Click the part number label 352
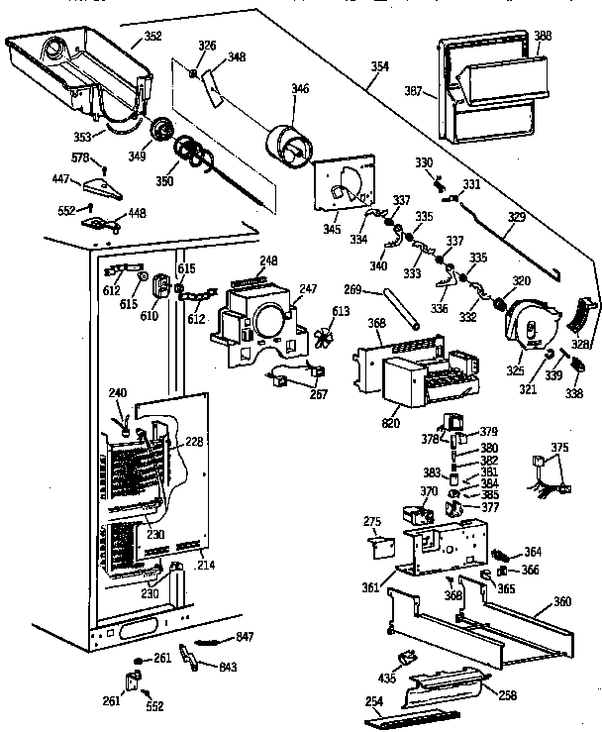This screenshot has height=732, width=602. pyautogui.click(x=153, y=38)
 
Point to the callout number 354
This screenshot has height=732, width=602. pyautogui.click(x=380, y=66)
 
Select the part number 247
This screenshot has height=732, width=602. pyautogui.click(x=308, y=288)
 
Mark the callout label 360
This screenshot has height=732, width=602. pyautogui.click(x=561, y=601)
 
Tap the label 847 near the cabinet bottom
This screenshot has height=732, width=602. pyautogui.click(x=246, y=635)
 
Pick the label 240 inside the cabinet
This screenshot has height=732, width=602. pyautogui.click(x=119, y=392)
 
